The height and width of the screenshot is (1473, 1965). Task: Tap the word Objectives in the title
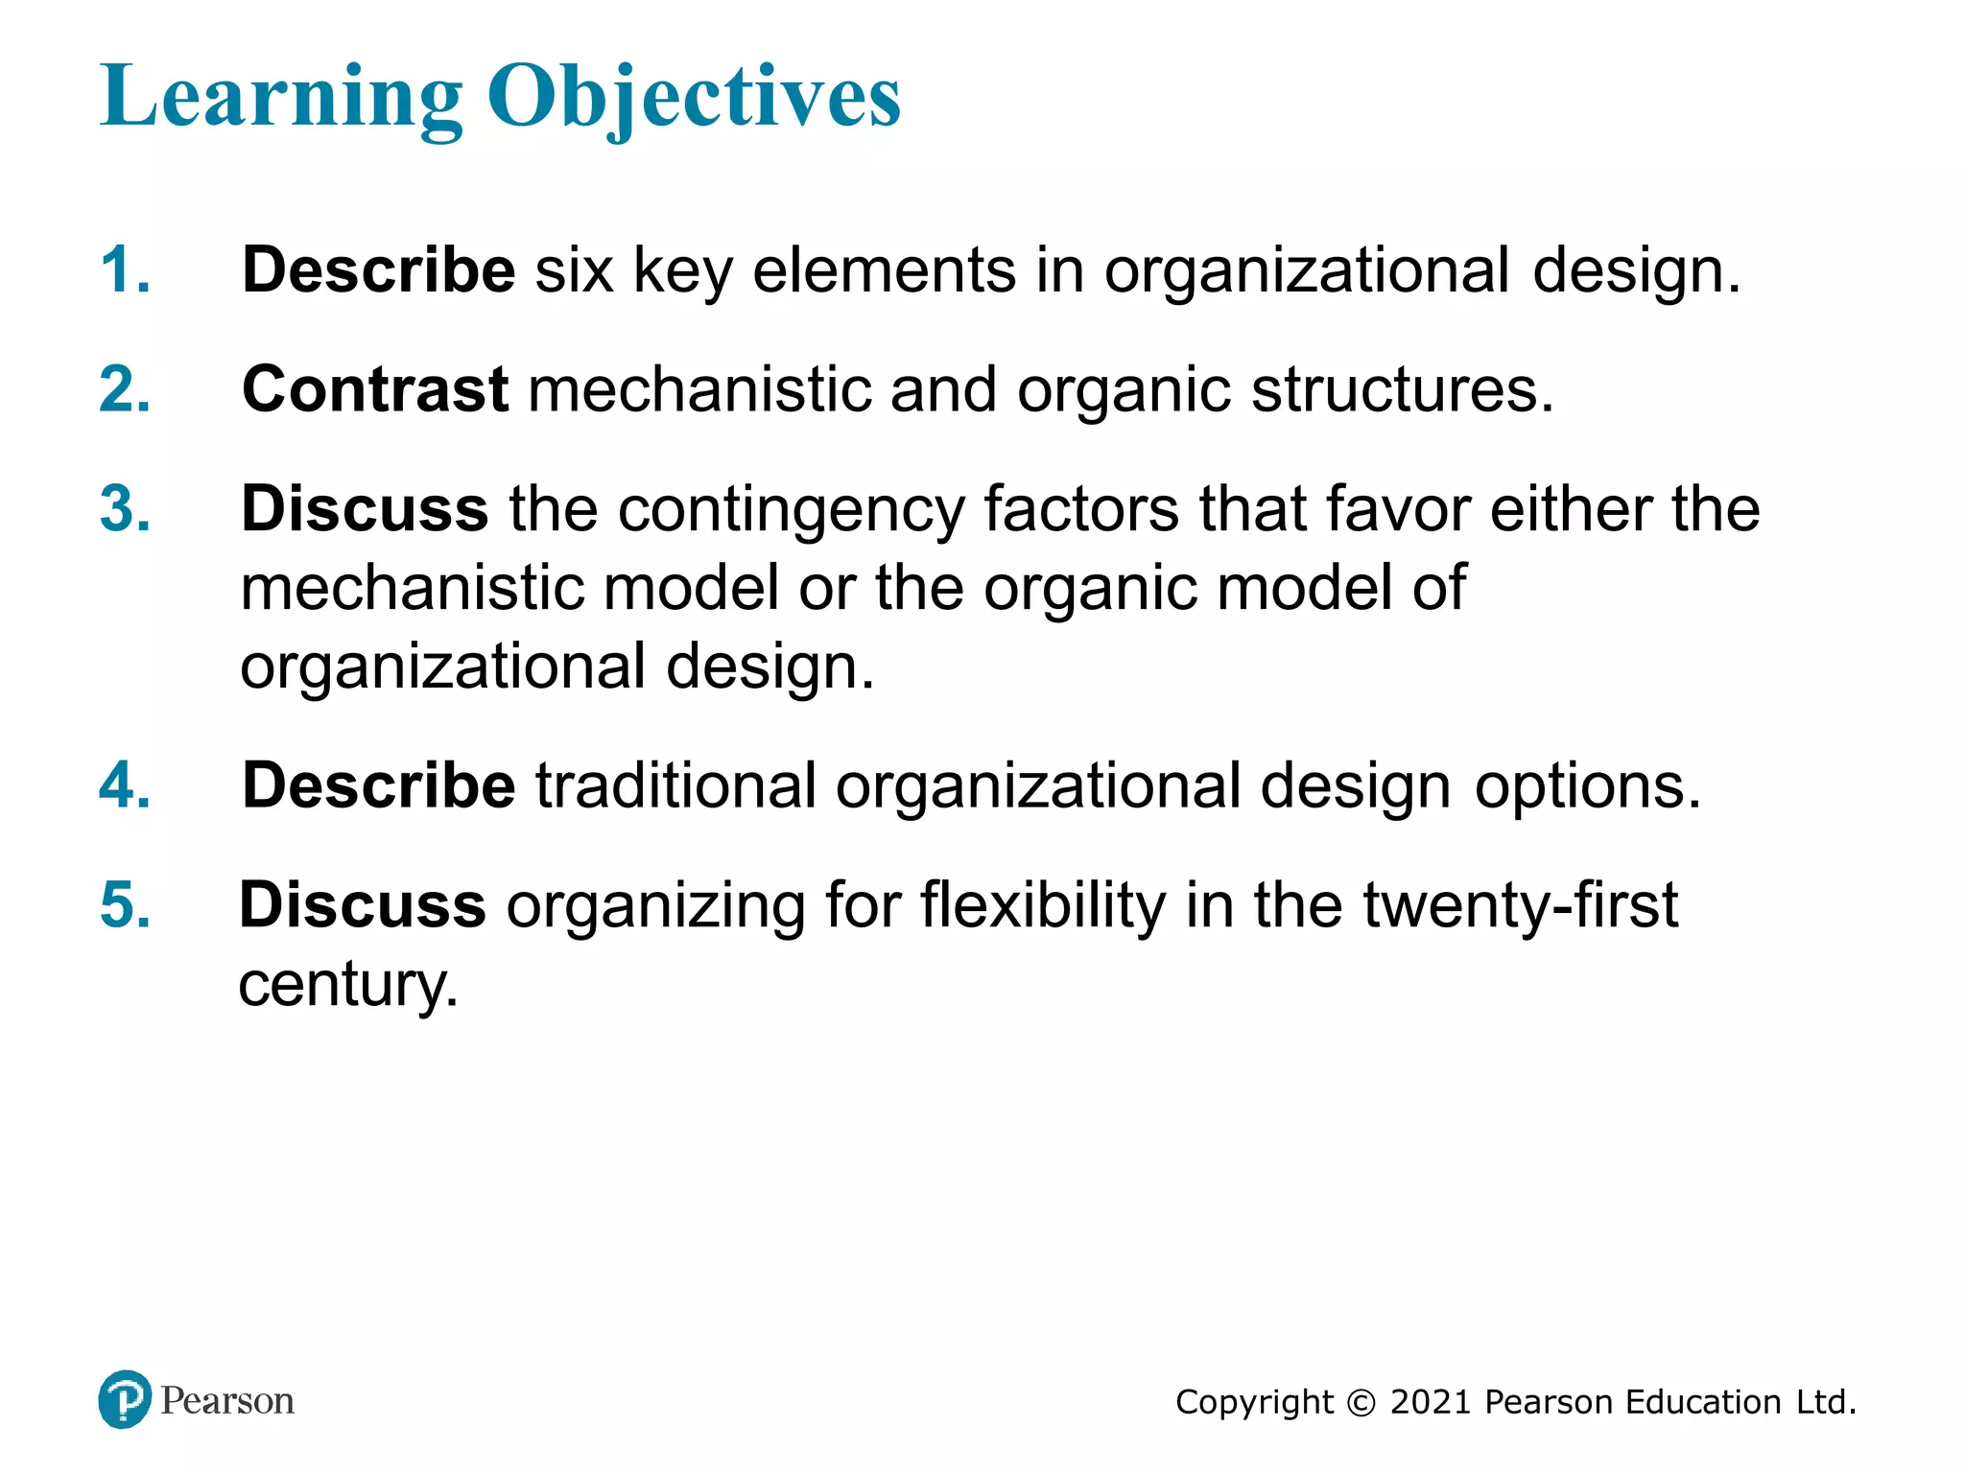coord(694,97)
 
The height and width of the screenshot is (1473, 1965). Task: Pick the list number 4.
coord(125,785)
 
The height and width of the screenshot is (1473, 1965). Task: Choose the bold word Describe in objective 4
coord(379,785)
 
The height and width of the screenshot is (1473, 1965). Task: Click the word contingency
coord(791,510)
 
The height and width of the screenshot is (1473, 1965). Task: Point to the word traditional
coord(675,785)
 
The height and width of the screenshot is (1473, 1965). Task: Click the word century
coord(348,985)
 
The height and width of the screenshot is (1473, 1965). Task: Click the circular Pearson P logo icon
coord(125,1400)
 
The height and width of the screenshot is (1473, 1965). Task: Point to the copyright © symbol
coord(1361,1403)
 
